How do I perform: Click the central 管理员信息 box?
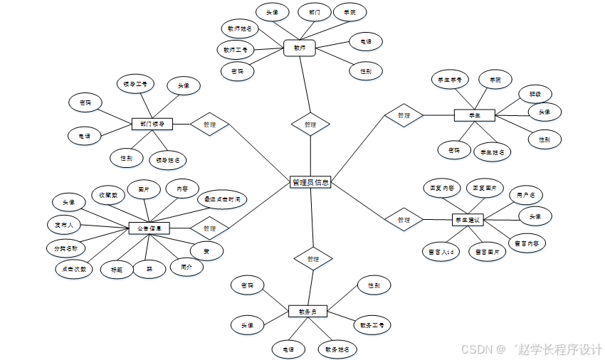310,182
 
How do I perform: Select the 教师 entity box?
299,48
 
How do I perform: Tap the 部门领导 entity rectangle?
152,125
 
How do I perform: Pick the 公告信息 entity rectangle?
149,228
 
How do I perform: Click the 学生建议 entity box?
468,220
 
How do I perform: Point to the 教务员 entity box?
307,311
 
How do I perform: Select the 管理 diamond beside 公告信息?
209,228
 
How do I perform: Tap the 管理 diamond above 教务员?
313,259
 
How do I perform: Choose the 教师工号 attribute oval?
235,50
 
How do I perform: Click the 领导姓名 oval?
168,159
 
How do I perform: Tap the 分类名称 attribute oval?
65,248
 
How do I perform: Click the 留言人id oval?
439,251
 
